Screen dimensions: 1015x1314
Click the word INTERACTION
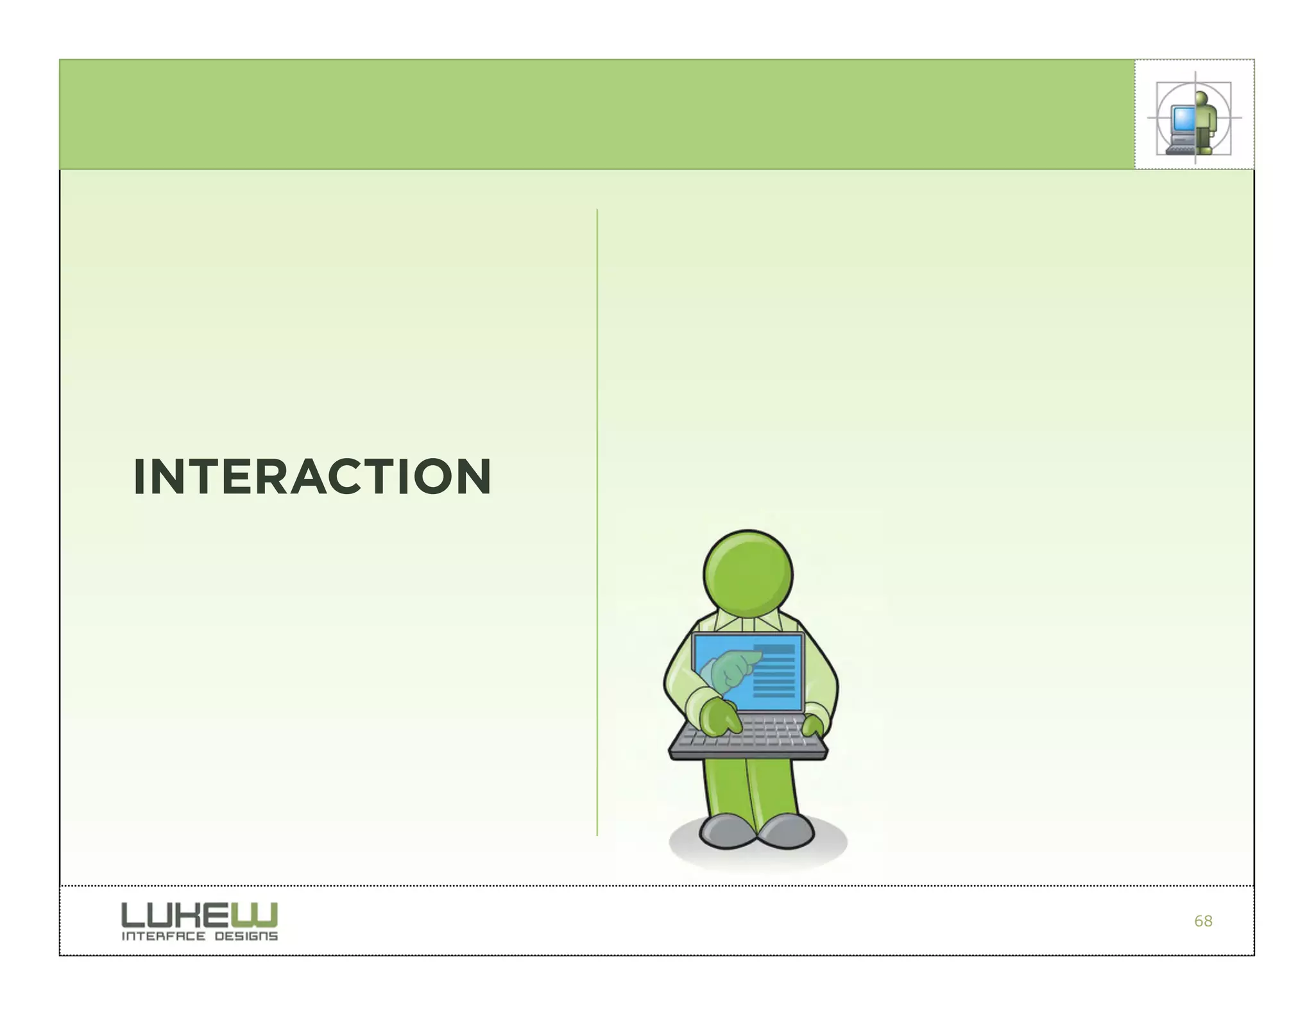312,477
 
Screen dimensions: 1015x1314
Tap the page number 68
1203,921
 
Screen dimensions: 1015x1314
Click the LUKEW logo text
200,914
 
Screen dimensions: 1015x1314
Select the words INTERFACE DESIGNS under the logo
200,936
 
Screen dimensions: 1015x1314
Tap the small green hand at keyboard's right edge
813,726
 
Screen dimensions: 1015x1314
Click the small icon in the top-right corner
1194,115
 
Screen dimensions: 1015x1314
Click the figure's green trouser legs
751,789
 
